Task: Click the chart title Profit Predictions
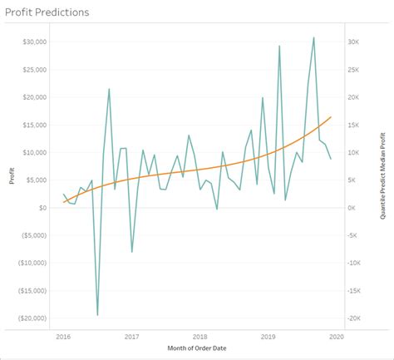[47, 13]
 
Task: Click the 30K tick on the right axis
[352, 42]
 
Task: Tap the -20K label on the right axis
[353, 318]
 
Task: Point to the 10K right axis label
[352, 152]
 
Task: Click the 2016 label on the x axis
[63, 337]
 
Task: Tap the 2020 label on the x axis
[335, 337]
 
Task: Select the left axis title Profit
[12, 178]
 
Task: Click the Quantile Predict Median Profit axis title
[383, 177]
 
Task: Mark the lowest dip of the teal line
[97, 315]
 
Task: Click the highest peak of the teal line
[313, 37]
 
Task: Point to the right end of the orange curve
[331, 117]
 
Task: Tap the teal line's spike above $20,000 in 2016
[109, 89]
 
